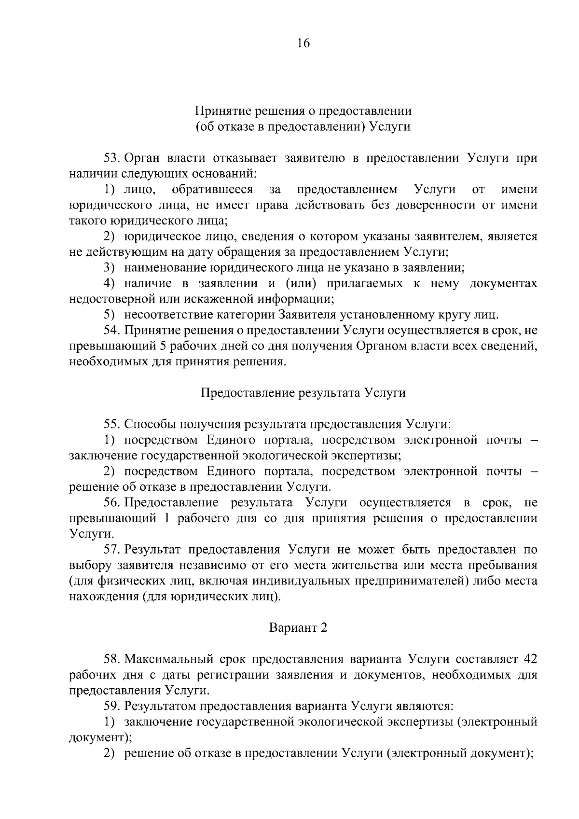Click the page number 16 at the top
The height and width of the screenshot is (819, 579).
click(x=303, y=43)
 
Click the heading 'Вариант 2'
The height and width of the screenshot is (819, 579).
click(x=298, y=628)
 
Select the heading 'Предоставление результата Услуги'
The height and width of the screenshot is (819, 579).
click(x=303, y=393)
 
